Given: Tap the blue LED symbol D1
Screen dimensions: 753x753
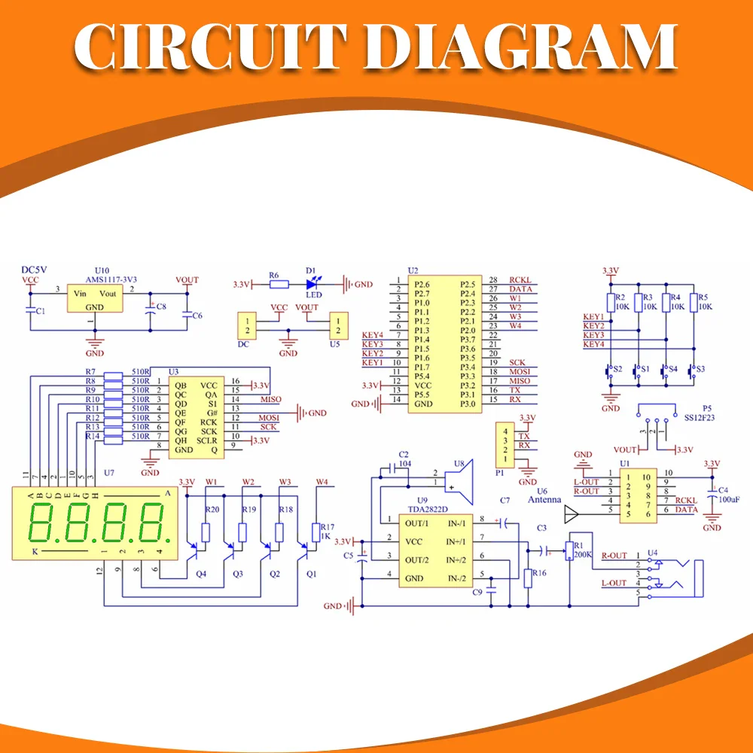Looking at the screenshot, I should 311,284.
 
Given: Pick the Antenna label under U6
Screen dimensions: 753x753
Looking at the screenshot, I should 544,499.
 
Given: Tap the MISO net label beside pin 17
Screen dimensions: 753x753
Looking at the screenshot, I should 520,381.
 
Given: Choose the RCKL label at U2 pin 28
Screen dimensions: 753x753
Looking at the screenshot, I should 520,280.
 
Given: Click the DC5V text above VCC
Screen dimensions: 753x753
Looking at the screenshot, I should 35,270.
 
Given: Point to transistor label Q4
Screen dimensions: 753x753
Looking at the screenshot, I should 200,574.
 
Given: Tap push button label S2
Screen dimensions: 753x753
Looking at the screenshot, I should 618,370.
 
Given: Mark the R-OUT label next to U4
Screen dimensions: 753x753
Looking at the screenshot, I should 614,556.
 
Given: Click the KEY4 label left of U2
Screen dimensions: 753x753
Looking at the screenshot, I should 372,335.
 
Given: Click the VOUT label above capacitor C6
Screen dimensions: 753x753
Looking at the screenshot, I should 187,280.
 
